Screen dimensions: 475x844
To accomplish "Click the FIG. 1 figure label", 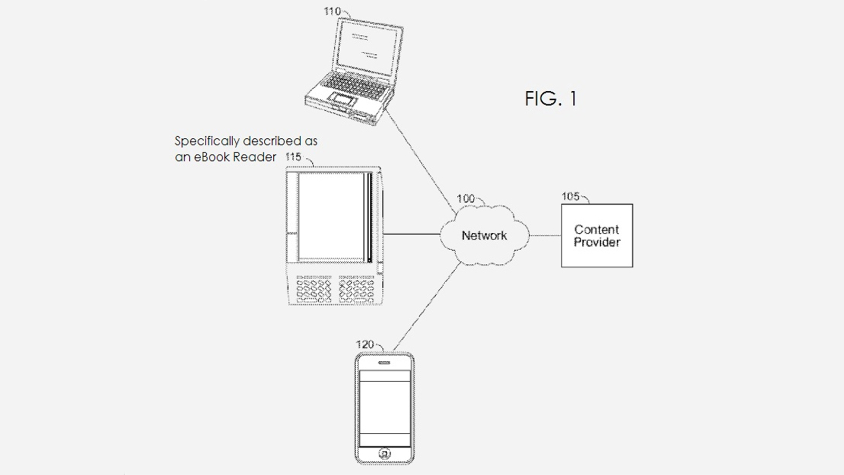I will click(x=551, y=99).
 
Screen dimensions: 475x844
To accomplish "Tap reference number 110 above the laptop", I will click(x=332, y=11).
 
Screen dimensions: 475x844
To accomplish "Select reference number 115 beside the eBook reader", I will click(x=293, y=157).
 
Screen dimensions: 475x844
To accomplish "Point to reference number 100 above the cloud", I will click(x=465, y=198).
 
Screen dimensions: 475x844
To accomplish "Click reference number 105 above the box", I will click(x=571, y=196).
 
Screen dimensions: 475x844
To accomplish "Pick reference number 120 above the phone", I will click(x=365, y=345).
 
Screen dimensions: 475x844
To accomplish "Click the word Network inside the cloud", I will click(x=484, y=235).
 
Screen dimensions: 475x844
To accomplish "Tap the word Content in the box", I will click(x=597, y=230).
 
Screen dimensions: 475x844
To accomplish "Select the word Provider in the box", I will click(x=597, y=242).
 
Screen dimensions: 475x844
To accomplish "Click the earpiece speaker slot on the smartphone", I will click(x=384, y=363).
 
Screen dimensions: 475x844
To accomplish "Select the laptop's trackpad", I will click(x=341, y=99).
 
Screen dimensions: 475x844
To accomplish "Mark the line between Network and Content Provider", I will click(x=545, y=235).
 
